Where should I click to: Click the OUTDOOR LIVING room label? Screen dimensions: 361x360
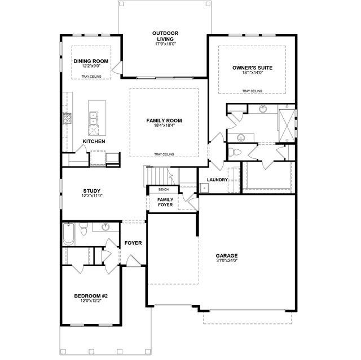(x=165, y=36)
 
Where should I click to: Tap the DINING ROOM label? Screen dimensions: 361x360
(x=91, y=61)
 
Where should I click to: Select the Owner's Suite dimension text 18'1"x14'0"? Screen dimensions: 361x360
(x=252, y=73)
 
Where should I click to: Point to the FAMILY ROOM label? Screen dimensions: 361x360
(x=164, y=121)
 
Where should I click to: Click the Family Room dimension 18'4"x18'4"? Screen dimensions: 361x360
(x=164, y=125)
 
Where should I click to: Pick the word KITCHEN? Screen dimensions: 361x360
(x=94, y=141)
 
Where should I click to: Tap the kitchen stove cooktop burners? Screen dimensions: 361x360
(x=67, y=118)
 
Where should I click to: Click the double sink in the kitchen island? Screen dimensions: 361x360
(x=94, y=118)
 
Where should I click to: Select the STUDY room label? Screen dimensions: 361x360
(x=92, y=191)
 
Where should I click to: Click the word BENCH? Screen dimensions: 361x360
(x=164, y=190)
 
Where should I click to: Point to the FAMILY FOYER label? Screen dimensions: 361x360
(x=165, y=202)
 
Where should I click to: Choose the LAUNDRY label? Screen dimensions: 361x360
(x=217, y=180)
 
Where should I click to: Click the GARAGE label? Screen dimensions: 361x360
(x=227, y=256)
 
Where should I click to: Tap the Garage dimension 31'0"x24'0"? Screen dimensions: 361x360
(x=227, y=260)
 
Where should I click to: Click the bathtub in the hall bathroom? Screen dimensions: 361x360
(x=69, y=234)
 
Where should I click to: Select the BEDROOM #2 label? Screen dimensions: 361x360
(x=91, y=296)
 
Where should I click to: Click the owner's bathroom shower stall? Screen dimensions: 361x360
(x=287, y=126)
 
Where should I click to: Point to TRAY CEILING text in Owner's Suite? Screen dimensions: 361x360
(x=252, y=91)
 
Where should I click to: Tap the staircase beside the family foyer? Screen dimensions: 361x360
(x=161, y=175)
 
